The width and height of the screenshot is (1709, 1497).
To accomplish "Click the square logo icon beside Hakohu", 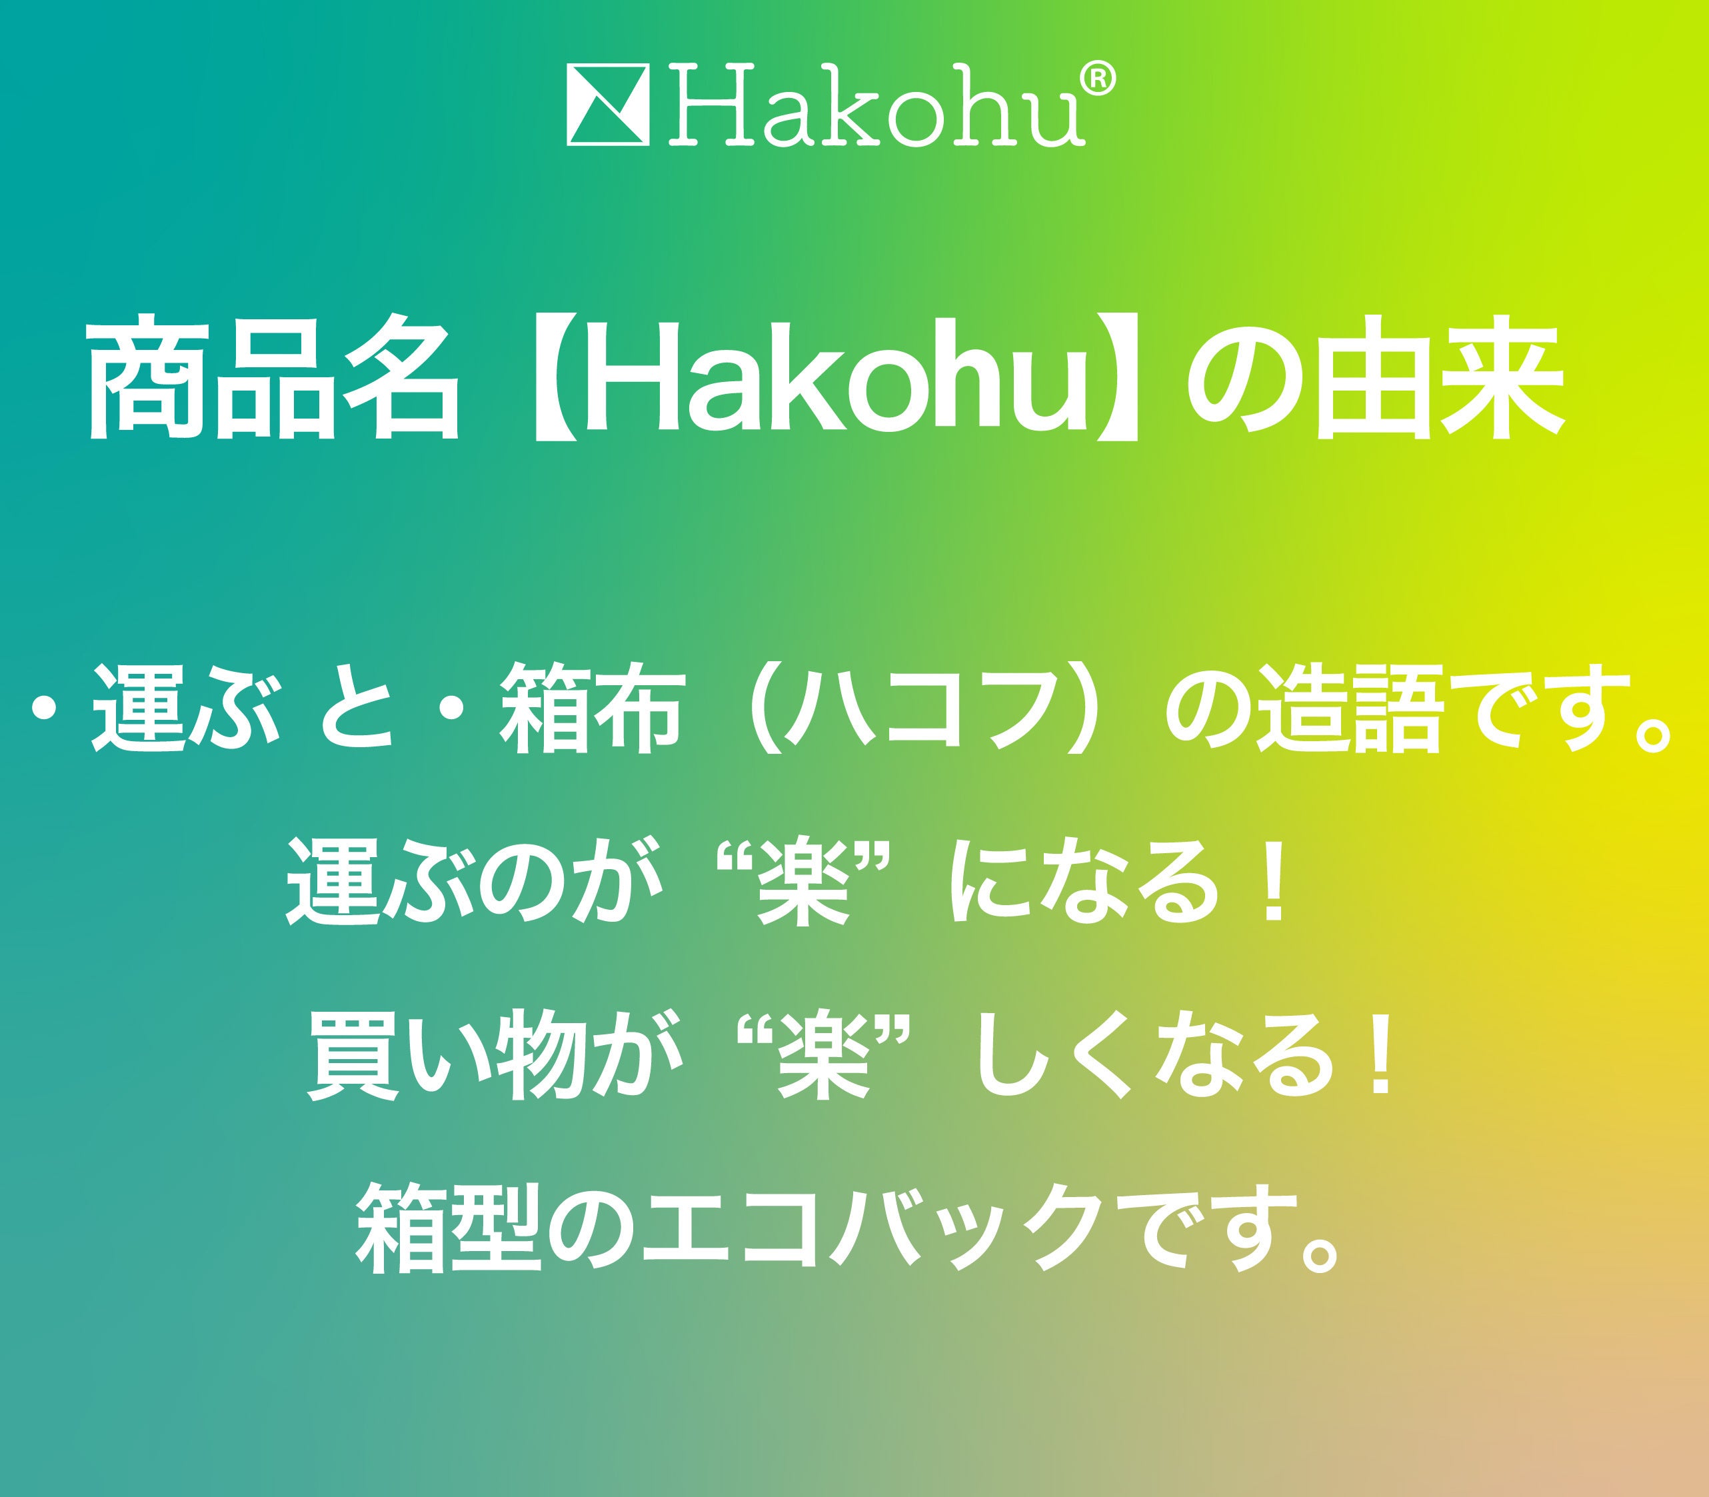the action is [608, 105].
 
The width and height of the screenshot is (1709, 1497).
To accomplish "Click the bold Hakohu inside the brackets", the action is [827, 378].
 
